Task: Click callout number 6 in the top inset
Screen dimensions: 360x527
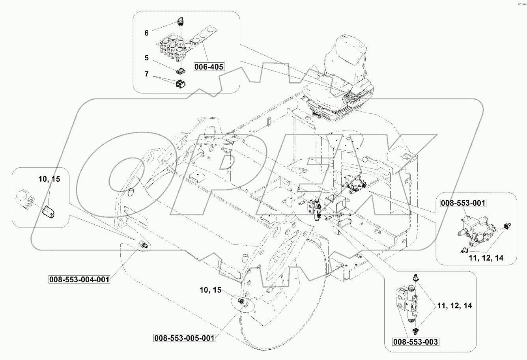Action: click(x=146, y=33)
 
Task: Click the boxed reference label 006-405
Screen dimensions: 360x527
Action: click(x=209, y=67)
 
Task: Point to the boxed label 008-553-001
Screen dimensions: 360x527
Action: click(x=463, y=203)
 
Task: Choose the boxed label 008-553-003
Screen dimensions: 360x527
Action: click(x=415, y=341)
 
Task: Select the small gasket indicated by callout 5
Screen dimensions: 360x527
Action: click(x=181, y=71)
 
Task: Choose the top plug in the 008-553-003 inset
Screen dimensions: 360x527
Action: click(x=414, y=278)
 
